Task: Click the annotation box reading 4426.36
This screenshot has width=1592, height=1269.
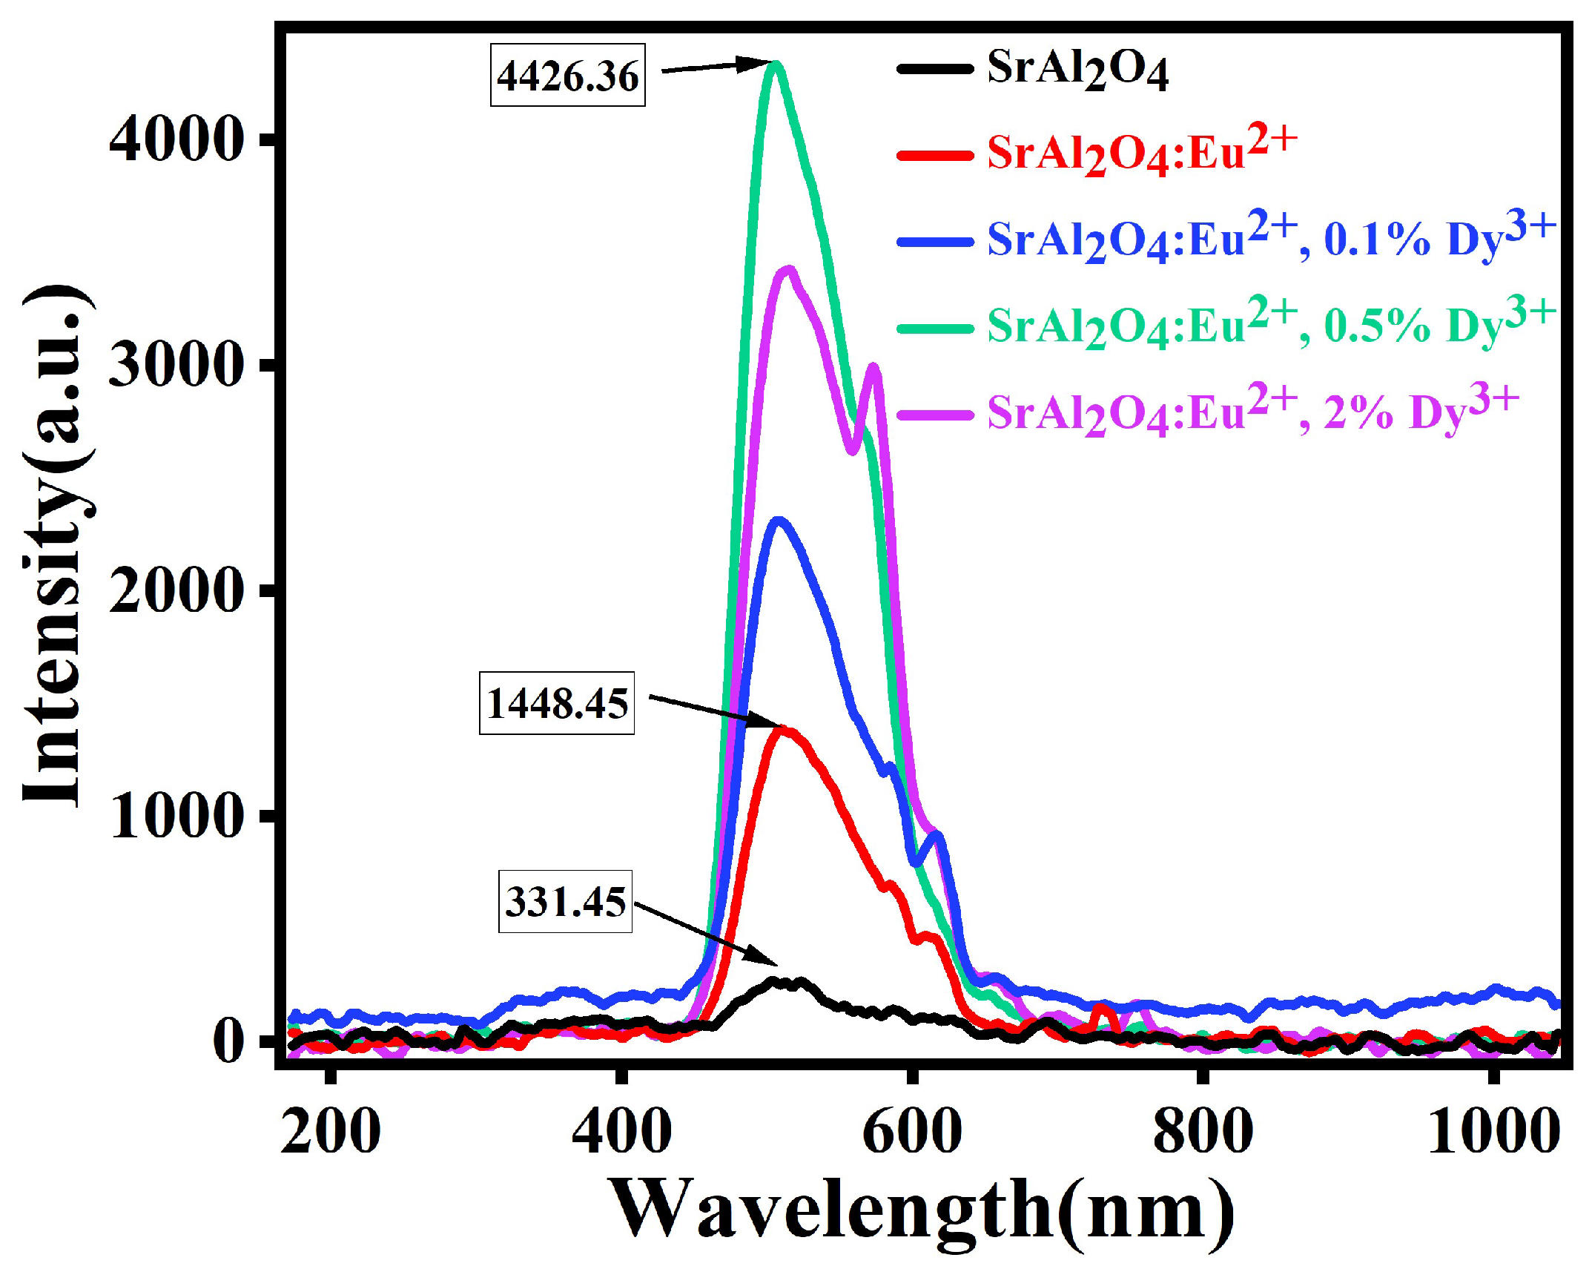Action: (567, 76)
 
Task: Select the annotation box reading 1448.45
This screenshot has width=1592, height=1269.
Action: (557, 702)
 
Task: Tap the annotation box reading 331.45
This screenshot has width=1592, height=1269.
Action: (565, 902)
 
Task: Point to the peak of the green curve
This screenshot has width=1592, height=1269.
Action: (776, 65)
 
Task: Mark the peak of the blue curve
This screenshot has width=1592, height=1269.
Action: (779, 521)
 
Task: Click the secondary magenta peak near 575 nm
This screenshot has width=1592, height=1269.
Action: (873, 367)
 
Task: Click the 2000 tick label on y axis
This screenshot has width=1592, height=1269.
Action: (176, 590)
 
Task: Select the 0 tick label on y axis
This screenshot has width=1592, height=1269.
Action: (228, 1041)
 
